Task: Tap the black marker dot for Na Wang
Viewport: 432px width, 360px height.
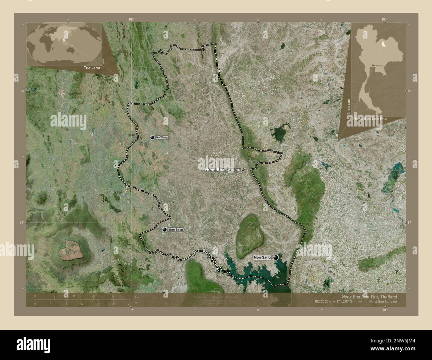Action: click(x=152, y=137)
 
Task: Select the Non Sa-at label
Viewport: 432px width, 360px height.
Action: click(x=176, y=229)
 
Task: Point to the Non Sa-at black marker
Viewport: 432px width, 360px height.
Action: click(x=164, y=229)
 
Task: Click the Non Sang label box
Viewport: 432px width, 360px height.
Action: click(x=262, y=257)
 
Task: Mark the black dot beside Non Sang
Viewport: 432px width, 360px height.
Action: click(x=276, y=257)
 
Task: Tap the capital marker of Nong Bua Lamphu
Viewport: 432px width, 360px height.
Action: click(x=243, y=169)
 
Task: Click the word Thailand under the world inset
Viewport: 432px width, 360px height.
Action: click(x=92, y=67)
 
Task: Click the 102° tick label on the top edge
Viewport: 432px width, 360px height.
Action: click(x=132, y=19)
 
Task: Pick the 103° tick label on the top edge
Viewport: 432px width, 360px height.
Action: click(x=384, y=19)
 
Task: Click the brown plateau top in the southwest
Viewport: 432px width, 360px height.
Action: click(x=71, y=250)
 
